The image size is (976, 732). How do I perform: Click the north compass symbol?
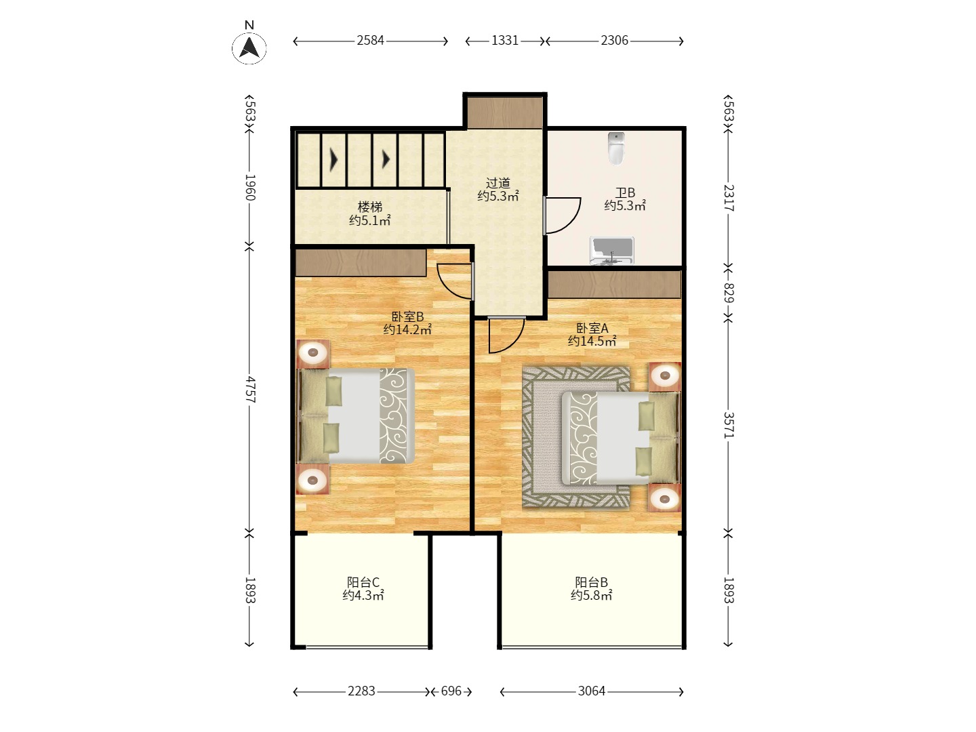coord(249,47)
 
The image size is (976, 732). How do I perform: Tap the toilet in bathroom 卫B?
coord(616,148)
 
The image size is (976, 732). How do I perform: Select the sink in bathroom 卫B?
coord(611,251)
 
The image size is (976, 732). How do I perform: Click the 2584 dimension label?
coord(370,41)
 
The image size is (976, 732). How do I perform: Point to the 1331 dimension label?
coord(505,41)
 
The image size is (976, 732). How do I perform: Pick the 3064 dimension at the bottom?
coord(592,691)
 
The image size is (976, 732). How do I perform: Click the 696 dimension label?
coord(451,691)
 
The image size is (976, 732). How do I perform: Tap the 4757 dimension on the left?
coord(250,389)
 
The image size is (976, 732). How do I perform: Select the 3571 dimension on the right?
coord(728,426)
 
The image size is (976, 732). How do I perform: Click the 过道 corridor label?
coord(497,183)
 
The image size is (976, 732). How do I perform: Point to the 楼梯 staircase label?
coord(370,207)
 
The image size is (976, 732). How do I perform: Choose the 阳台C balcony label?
coord(363,582)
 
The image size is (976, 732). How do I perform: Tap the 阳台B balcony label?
coord(592,582)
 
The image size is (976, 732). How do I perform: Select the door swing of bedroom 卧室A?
coord(516,340)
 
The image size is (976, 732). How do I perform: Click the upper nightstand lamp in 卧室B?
coord(313,353)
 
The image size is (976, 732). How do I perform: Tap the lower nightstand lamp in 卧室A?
coord(665,499)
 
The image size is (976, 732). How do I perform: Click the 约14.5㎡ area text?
coord(592,341)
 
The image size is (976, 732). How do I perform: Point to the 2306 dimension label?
coord(615,41)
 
